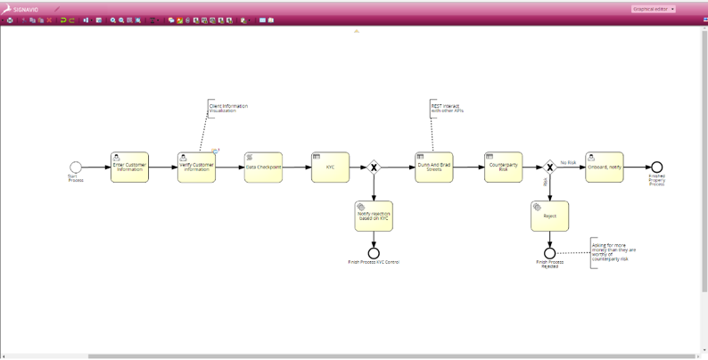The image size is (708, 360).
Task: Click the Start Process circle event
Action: pyautogui.click(x=76, y=167)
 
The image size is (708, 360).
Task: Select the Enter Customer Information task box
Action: pyautogui.click(x=129, y=167)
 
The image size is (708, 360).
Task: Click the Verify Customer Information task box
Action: pyautogui.click(x=196, y=167)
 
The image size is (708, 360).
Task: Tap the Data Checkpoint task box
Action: pyautogui.click(x=263, y=167)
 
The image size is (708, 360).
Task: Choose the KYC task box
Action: pyautogui.click(x=330, y=167)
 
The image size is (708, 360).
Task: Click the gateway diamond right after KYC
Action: pyautogui.click(x=375, y=167)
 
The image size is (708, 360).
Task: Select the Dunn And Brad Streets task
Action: pyautogui.click(x=433, y=167)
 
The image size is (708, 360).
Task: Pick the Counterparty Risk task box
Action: pyautogui.click(x=503, y=167)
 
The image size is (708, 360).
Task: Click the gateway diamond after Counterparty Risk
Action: pyautogui.click(x=549, y=167)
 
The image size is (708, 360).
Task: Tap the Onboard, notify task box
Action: pyautogui.click(x=605, y=167)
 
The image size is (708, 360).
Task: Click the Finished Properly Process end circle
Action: pyautogui.click(x=656, y=167)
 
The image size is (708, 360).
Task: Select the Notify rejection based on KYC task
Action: pyautogui.click(x=374, y=215)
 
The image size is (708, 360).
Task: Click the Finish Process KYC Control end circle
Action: pyautogui.click(x=374, y=253)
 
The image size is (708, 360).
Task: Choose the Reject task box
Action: pyautogui.click(x=549, y=216)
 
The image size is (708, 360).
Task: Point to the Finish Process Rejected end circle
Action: pyautogui.click(x=549, y=253)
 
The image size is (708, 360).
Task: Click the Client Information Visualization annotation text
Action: pyautogui.click(x=228, y=108)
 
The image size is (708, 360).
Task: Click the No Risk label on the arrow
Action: pyautogui.click(x=568, y=162)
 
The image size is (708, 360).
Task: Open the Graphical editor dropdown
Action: pyautogui.click(x=654, y=9)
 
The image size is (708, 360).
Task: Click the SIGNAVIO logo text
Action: pyautogui.click(x=26, y=9)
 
